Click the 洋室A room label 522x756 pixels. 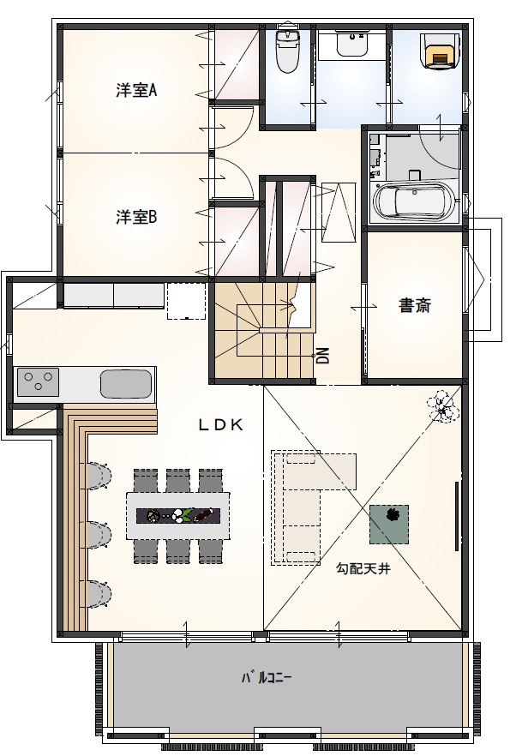[135, 90]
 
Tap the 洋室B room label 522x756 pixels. [135, 218]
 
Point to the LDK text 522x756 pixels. [222, 423]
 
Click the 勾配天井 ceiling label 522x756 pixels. [363, 567]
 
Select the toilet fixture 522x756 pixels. [285, 51]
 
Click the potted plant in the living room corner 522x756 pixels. [441, 405]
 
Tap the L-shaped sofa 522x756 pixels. [309, 506]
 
